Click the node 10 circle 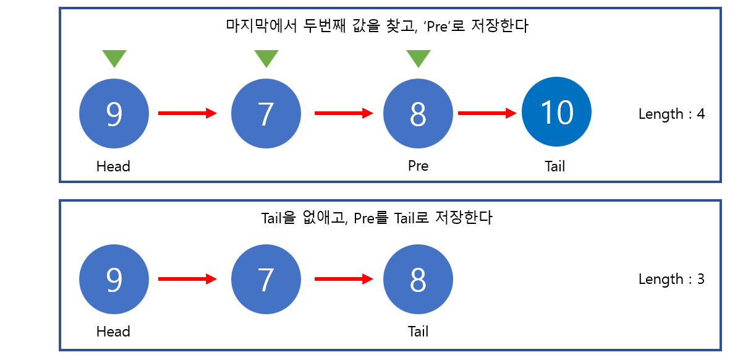coord(556,112)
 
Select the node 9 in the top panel coord(114,114)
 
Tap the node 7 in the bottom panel coord(266,280)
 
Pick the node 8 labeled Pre coord(418,114)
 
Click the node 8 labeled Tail coord(418,280)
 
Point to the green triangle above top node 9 coord(114,58)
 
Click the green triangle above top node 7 coord(266,58)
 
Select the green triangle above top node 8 coord(418,58)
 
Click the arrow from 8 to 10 coord(486,113)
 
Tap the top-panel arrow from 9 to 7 coord(188,113)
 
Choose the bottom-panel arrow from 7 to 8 coord(344,279)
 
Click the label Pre coord(418,166)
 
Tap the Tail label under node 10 coord(555,166)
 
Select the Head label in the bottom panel coord(113,332)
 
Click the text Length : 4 coord(671,114)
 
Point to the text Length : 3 coord(671,279)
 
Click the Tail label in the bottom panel coord(418,332)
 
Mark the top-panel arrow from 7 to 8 coord(344,113)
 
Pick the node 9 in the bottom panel coord(114,280)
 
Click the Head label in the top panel coord(113,166)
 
